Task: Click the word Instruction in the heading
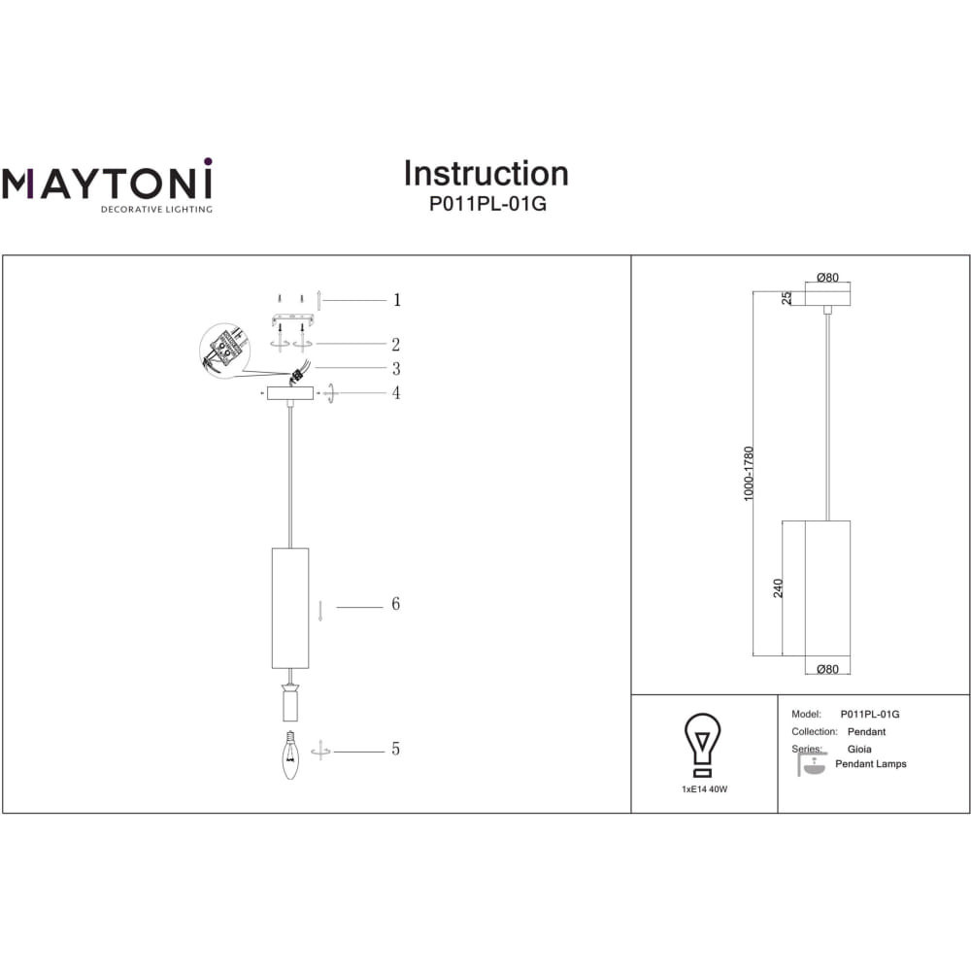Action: (486, 174)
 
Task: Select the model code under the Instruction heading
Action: (487, 204)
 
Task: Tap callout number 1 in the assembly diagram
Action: (397, 300)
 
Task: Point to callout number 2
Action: (396, 345)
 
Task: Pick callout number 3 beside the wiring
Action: (396, 368)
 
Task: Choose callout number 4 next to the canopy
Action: (396, 392)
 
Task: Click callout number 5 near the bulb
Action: (396, 749)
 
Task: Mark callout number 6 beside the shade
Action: (396, 604)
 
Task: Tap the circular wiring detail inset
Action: (225, 351)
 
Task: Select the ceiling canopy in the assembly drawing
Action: (289, 392)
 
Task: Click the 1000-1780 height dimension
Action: (749, 474)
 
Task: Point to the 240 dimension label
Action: (778, 588)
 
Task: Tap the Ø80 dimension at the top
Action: (827, 278)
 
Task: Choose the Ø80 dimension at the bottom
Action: (827, 669)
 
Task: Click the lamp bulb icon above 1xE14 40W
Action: (702, 745)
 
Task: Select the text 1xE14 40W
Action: (705, 789)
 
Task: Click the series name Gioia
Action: (859, 749)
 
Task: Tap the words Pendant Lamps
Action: (871, 764)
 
